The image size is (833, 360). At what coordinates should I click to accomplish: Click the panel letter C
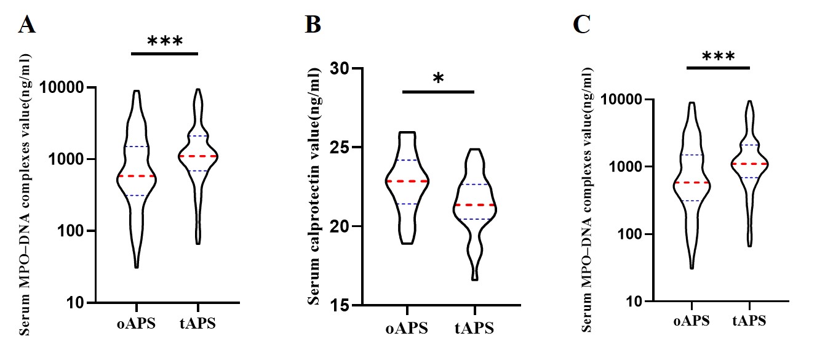(x=582, y=24)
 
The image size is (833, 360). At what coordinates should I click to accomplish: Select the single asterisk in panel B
(x=439, y=79)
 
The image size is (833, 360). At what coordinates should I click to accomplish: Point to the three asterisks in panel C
(x=718, y=57)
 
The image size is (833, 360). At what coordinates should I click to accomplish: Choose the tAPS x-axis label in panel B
(x=474, y=328)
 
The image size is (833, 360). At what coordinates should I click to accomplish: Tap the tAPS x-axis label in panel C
(x=750, y=321)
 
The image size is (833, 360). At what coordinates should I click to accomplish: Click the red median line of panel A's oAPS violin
(x=137, y=176)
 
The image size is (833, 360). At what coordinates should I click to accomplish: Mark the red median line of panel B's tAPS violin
(x=474, y=205)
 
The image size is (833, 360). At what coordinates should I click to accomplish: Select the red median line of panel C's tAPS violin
(x=750, y=164)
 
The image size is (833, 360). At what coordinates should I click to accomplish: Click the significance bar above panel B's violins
(x=439, y=92)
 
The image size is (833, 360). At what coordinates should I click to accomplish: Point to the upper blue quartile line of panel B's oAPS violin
(x=407, y=160)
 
